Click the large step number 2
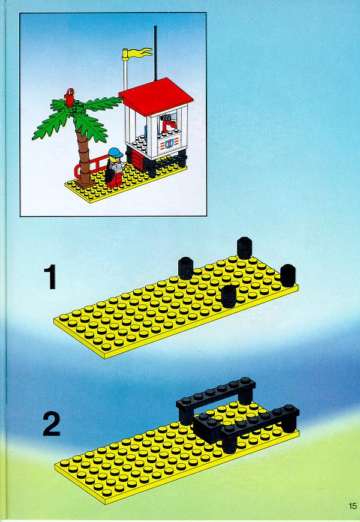click(52, 424)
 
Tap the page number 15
click(352, 506)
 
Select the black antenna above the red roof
click(155, 53)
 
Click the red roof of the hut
click(156, 96)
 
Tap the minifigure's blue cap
click(115, 152)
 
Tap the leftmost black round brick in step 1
click(186, 268)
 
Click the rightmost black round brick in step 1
click(288, 275)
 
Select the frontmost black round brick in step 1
click(229, 296)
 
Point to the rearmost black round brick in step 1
click(244, 248)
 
